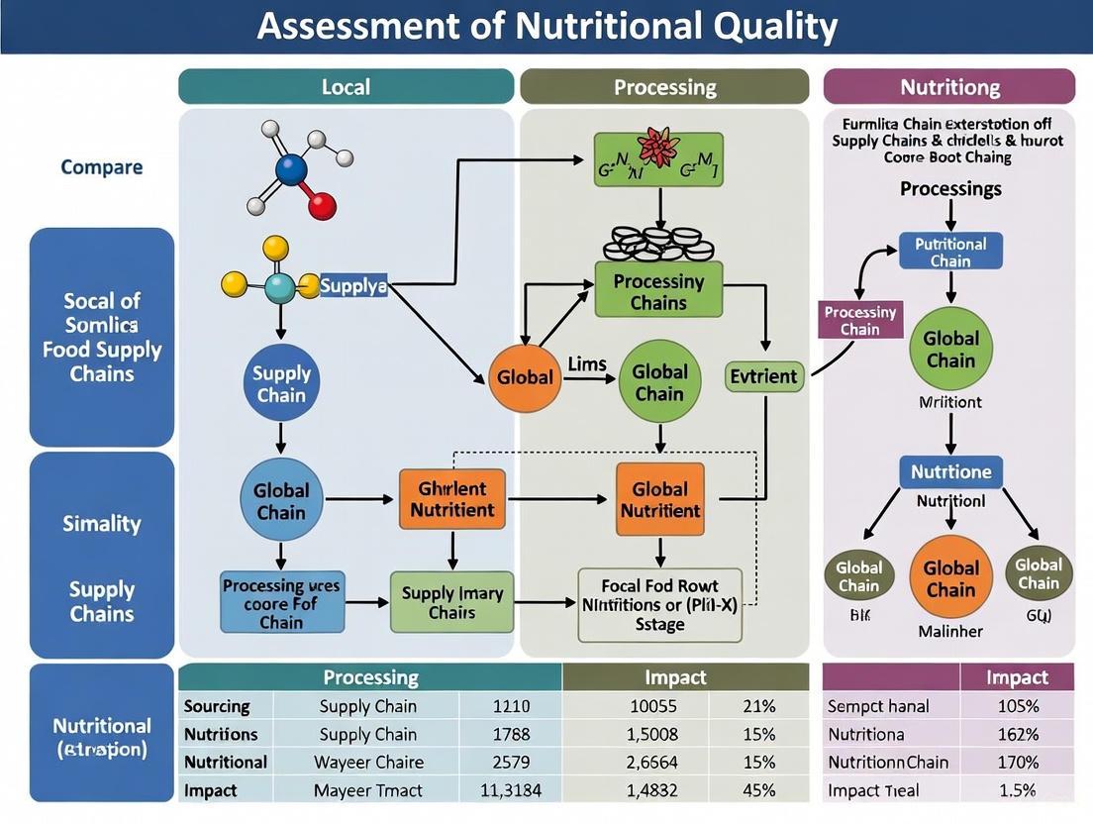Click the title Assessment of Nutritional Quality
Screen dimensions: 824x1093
click(x=546, y=26)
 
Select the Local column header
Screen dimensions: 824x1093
click(x=346, y=87)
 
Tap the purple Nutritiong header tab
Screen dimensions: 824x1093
click(x=948, y=87)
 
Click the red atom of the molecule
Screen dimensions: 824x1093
click(x=322, y=206)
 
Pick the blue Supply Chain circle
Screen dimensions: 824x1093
click(x=281, y=383)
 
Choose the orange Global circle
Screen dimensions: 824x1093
click(x=525, y=377)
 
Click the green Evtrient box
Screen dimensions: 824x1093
click(x=762, y=376)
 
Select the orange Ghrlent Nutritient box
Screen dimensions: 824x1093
click(x=451, y=499)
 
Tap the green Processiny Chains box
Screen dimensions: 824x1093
click(x=658, y=290)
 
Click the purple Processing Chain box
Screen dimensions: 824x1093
click(x=860, y=320)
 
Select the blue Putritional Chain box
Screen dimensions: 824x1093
click(x=950, y=252)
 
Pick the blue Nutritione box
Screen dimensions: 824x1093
click(x=950, y=471)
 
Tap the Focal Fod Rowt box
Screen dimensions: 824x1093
click(x=659, y=604)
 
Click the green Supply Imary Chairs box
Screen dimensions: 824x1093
click(x=452, y=602)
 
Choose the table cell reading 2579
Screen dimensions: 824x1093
click(x=511, y=762)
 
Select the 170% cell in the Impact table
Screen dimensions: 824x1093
click(x=1017, y=762)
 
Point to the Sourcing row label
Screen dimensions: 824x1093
click(x=217, y=706)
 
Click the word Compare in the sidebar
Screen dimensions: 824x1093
click(x=101, y=166)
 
